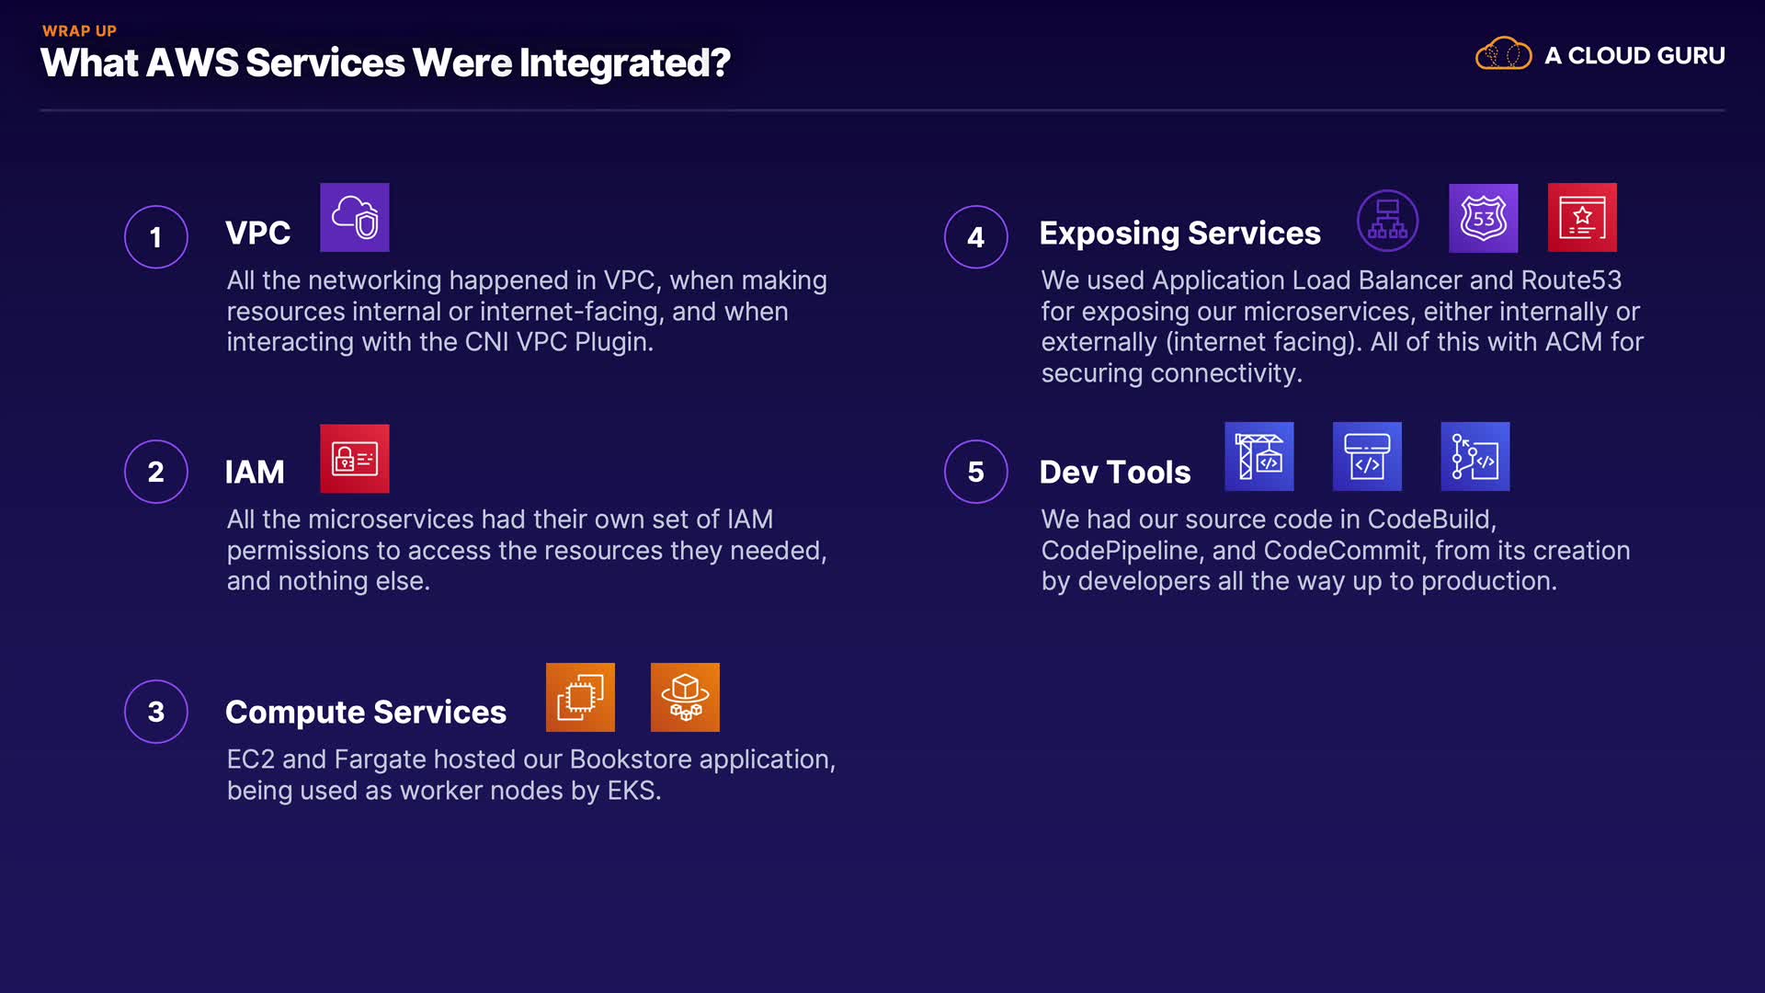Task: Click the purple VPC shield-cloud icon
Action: (355, 217)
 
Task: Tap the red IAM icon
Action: (355, 458)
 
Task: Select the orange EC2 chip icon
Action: (580, 697)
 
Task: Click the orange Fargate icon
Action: (685, 697)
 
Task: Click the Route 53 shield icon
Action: (1484, 218)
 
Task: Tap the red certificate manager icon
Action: (1582, 218)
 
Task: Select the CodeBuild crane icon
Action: (1259, 456)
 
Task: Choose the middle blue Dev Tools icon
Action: (1367, 456)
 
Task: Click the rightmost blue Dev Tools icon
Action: (1475, 456)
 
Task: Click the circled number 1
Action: (156, 237)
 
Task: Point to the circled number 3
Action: (156, 712)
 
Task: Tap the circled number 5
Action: (976, 472)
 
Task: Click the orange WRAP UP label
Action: (79, 31)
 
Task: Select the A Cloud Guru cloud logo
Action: (1503, 54)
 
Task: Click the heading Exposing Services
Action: (1180, 234)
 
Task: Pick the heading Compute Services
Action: (366, 713)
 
